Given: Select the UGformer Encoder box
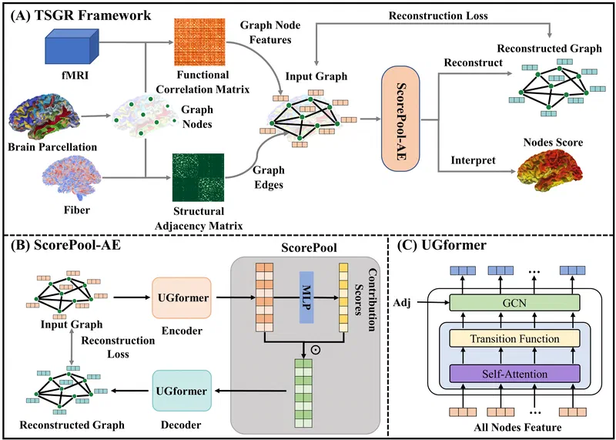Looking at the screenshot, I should [x=182, y=297].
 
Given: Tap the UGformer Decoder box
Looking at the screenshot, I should [x=182, y=391].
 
